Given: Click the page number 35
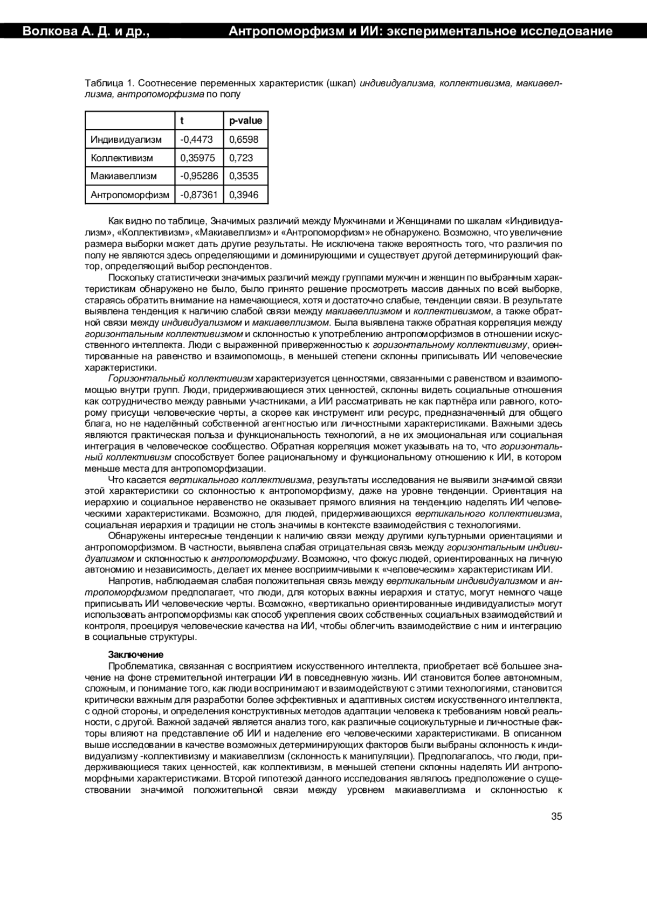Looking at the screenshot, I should pyautogui.click(x=556, y=816).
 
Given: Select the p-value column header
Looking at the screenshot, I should pyautogui.click(x=245, y=121).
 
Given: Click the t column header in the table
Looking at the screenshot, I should pyautogui.click(x=183, y=121).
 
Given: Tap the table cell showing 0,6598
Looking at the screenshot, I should pyautogui.click(x=244, y=139).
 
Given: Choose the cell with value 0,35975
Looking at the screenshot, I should pyautogui.click(x=197, y=158).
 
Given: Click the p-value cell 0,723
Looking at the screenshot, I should pyautogui.click(x=240, y=158).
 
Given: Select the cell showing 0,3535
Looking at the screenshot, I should pyautogui.click(x=244, y=176).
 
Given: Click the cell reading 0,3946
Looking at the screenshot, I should pyautogui.click(x=244, y=194).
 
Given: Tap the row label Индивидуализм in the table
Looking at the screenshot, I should pyautogui.click(x=126, y=139).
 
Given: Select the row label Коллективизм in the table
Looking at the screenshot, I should pyautogui.click(x=122, y=158).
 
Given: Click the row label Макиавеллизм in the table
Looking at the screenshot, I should pyautogui.click(x=124, y=176).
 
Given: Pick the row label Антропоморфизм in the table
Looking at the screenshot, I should pyautogui.click(x=130, y=194).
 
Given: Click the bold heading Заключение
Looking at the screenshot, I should pyautogui.click(x=135, y=654).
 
